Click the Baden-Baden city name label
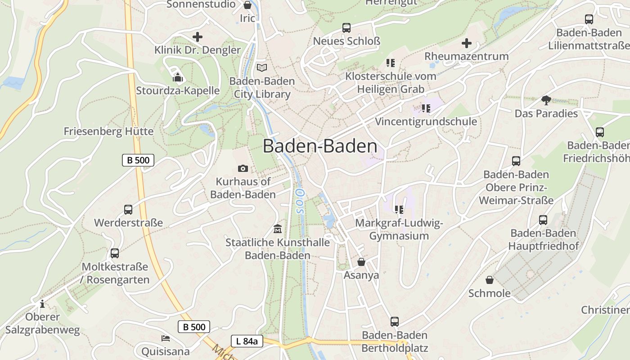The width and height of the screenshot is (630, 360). click(320, 146)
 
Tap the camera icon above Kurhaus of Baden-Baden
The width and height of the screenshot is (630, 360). click(243, 168)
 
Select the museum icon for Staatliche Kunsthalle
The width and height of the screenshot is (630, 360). click(278, 229)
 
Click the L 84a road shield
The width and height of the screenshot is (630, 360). click(247, 341)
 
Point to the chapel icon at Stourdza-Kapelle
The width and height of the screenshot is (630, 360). click(178, 77)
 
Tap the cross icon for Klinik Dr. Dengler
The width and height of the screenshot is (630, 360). click(197, 37)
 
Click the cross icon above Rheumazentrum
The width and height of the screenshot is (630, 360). click(467, 43)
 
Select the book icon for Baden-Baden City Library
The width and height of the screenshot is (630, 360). click(262, 68)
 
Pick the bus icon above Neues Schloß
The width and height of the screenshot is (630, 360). click(346, 28)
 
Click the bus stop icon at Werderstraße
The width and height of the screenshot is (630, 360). click(128, 210)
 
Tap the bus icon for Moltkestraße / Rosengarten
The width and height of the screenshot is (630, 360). click(115, 253)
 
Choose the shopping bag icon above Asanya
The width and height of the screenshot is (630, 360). click(361, 262)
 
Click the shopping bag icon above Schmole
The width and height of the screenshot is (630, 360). click(490, 280)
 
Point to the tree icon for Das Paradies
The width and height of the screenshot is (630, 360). click(546, 100)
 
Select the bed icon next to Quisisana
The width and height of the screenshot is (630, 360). click(166, 338)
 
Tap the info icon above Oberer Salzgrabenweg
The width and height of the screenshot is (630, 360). click(42, 304)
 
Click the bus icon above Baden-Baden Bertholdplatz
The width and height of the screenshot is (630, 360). click(395, 322)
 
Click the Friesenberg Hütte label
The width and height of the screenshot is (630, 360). click(108, 131)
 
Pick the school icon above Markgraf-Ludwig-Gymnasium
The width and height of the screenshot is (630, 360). click(399, 210)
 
